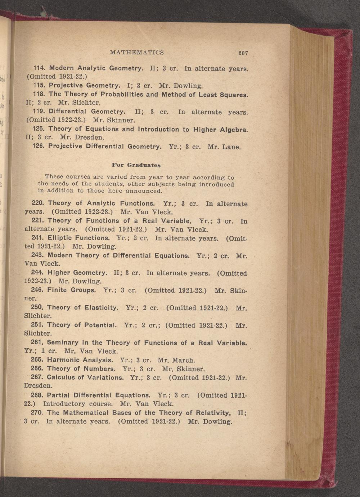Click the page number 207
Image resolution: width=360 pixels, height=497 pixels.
click(243, 53)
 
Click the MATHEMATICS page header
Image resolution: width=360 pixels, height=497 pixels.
click(137, 53)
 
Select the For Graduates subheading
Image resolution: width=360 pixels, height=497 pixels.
click(136, 165)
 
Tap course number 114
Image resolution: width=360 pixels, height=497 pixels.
click(39, 68)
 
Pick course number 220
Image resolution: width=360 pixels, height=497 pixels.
click(38, 203)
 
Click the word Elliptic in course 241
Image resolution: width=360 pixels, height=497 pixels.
click(60, 238)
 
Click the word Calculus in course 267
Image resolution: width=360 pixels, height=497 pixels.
click(61, 377)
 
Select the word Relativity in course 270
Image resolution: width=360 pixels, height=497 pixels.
click(212, 413)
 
